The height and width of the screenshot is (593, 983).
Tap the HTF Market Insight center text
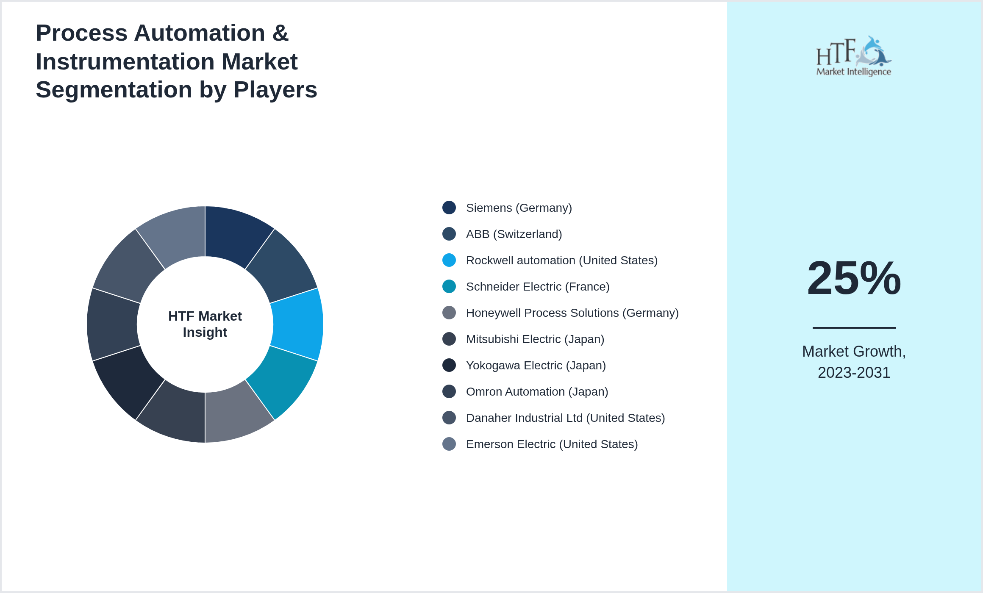(x=205, y=324)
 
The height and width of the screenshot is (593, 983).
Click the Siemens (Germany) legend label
(x=519, y=208)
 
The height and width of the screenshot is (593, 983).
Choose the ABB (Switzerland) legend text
(x=514, y=234)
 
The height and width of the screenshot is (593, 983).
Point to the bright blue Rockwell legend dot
(x=449, y=260)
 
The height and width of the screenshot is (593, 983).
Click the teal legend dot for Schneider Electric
(x=449, y=286)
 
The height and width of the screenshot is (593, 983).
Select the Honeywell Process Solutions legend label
(x=572, y=313)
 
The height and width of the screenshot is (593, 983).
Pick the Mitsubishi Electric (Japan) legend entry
(x=535, y=339)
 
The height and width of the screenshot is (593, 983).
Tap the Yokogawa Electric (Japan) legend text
(x=536, y=366)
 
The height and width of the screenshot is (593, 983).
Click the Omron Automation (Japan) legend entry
(x=537, y=392)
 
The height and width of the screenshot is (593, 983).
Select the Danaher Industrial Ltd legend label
(x=565, y=418)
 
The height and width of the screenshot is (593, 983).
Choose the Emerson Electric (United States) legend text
(x=552, y=444)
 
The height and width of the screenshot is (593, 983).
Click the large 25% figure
(x=854, y=278)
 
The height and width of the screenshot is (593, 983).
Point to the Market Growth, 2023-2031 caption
(x=854, y=362)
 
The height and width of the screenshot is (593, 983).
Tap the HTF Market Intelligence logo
(x=853, y=56)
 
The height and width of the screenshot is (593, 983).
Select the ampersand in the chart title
(x=280, y=33)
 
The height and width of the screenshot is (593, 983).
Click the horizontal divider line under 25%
(x=854, y=327)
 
